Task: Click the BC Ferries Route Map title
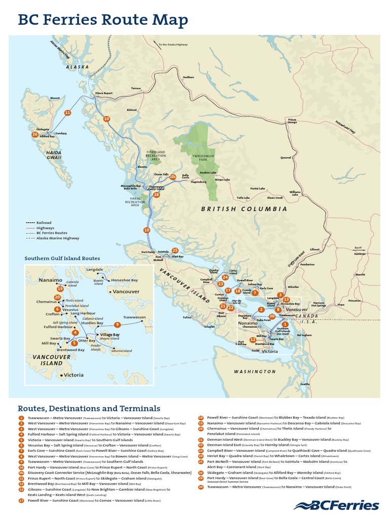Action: (x=103, y=20)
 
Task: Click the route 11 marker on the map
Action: (x=67, y=112)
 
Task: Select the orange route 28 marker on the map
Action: (x=157, y=195)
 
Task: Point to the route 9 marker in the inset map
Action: (x=117, y=324)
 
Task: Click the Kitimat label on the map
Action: (x=132, y=109)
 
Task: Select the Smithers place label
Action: (x=188, y=77)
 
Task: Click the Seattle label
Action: (x=304, y=384)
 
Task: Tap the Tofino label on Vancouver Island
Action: (x=187, y=317)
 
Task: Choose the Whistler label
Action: (x=293, y=287)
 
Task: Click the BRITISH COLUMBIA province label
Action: (x=244, y=209)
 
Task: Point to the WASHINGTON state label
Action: (x=255, y=372)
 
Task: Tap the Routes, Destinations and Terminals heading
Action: (x=89, y=408)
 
